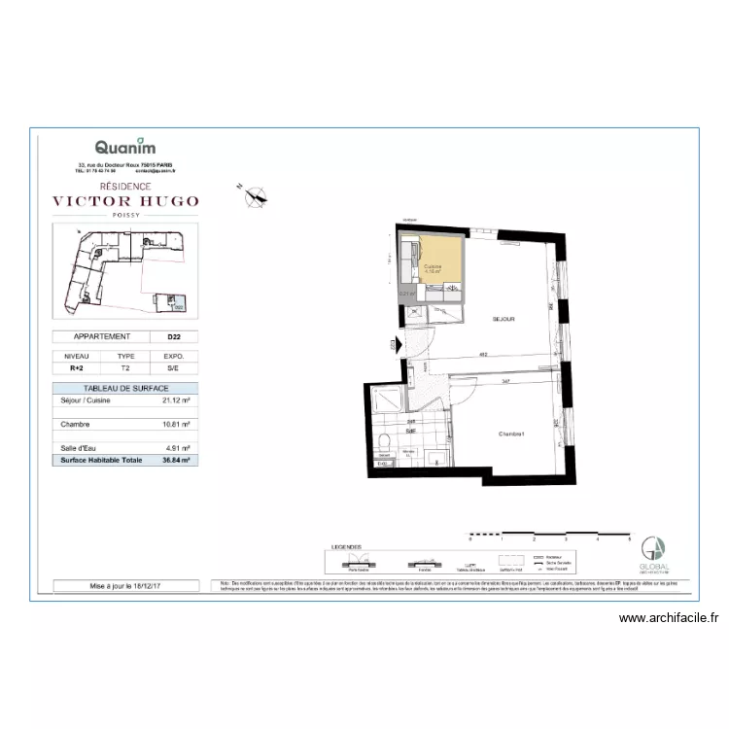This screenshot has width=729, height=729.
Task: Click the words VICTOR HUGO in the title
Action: click(x=125, y=202)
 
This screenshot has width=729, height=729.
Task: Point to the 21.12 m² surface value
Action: click(x=176, y=399)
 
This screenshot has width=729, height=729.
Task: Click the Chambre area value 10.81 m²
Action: click(x=176, y=424)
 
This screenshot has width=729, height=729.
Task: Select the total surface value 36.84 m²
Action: click(x=176, y=461)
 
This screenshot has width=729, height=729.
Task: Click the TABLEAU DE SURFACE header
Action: click(x=125, y=388)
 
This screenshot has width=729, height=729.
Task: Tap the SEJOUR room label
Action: click(x=503, y=319)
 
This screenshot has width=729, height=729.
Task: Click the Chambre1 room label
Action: click(x=512, y=434)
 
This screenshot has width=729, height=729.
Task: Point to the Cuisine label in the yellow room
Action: click(x=434, y=267)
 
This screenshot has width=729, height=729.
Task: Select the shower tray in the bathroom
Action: click(x=386, y=399)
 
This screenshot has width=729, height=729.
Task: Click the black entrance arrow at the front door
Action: click(x=394, y=343)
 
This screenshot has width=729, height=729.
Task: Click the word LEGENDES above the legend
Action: click(x=346, y=547)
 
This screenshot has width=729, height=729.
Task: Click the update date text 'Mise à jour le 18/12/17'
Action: click(x=125, y=586)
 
